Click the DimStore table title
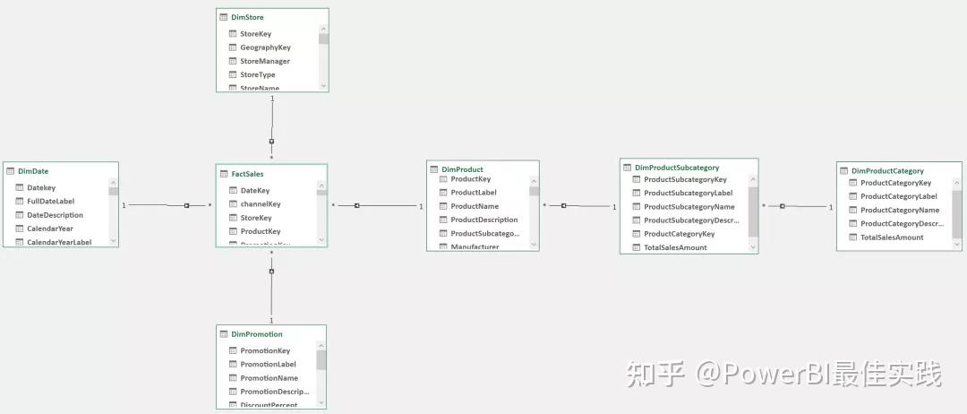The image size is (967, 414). click(x=247, y=17)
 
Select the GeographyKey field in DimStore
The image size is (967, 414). click(x=265, y=47)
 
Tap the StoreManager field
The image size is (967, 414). click(x=265, y=61)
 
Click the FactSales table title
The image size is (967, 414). click(x=247, y=174)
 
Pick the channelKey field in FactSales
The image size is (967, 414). click(x=261, y=204)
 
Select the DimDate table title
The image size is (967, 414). click(x=33, y=171)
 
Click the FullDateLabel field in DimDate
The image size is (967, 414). click(x=50, y=202)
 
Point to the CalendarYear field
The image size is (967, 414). click(x=50, y=229)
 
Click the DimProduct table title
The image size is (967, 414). click(x=462, y=169)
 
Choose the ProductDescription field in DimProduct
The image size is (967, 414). click(x=483, y=220)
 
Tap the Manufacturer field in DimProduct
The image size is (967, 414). click(x=475, y=246)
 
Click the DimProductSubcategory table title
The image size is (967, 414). click(x=677, y=168)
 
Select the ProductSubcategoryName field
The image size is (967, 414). click(x=689, y=207)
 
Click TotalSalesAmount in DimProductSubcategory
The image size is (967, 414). click(x=675, y=247)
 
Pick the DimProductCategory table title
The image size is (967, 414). click(x=887, y=170)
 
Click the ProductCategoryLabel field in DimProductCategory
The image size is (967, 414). click(x=898, y=196)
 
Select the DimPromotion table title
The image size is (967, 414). click(x=257, y=334)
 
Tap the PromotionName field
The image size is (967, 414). click(x=269, y=378)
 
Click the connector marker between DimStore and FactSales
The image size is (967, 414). click(x=271, y=142)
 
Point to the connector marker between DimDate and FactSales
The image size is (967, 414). click(x=186, y=205)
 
